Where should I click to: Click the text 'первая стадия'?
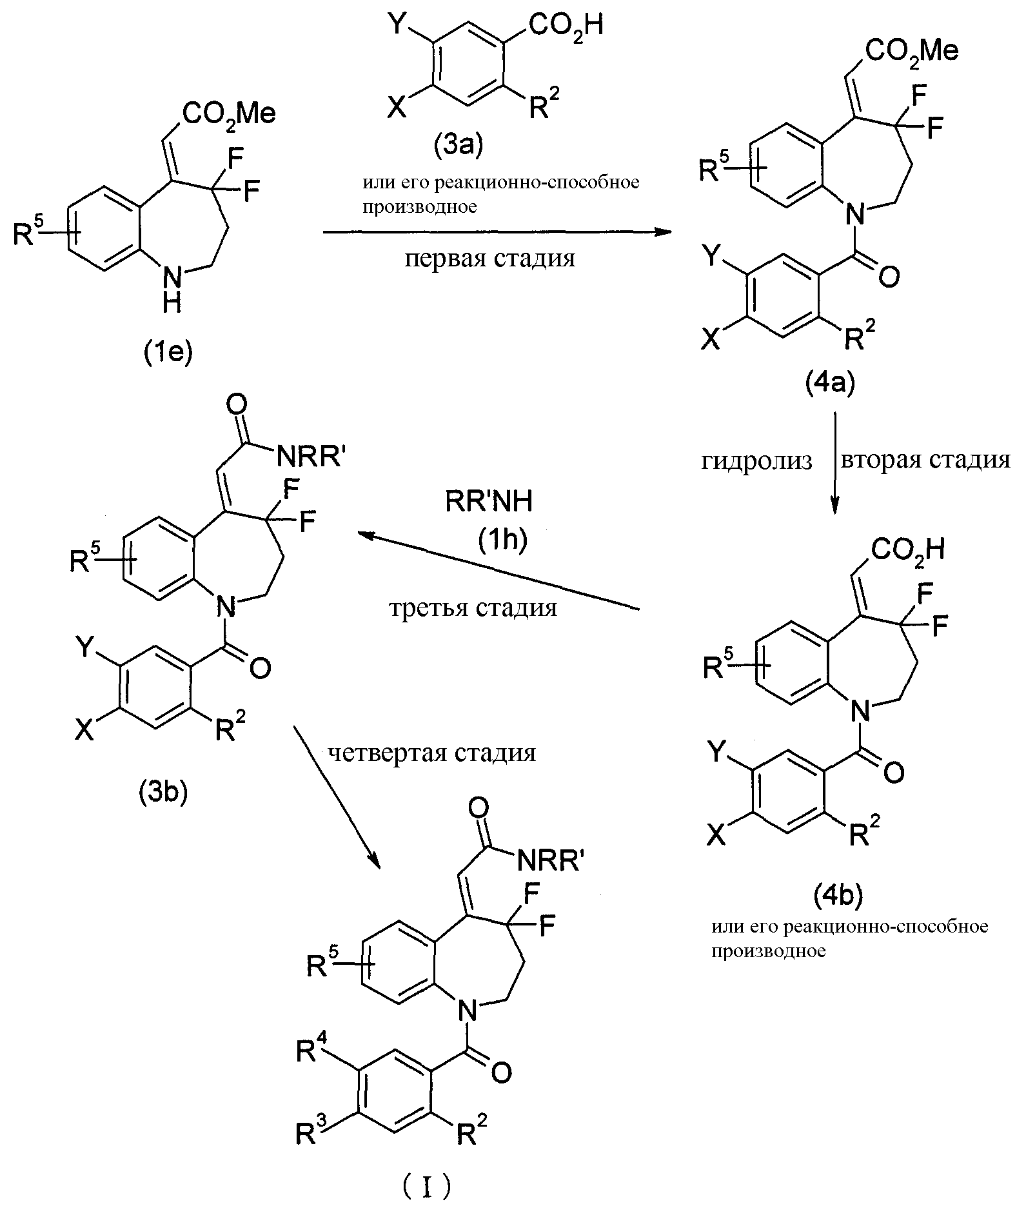pyautogui.click(x=490, y=259)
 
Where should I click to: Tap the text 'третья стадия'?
pyautogui.click(x=473, y=608)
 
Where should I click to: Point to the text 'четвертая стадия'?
pyautogui.click(x=431, y=753)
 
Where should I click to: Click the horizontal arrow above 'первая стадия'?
pyautogui.click(x=493, y=232)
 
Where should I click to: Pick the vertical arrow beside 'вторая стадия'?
pyautogui.click(x=835, y=464)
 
